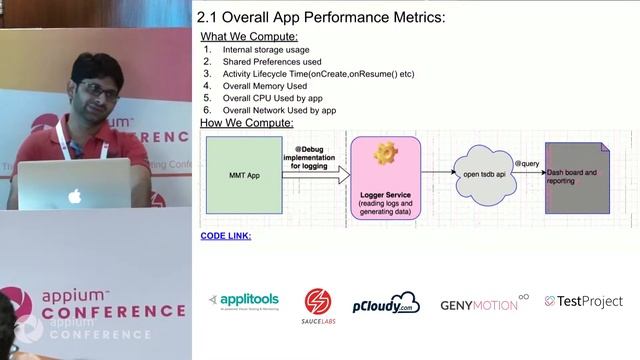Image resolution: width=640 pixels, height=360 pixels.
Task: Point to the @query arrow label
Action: tap(527, 162)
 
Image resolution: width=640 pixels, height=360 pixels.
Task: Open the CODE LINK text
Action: tap(226, 236)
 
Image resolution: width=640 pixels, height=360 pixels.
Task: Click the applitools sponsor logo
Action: tap(243, 301)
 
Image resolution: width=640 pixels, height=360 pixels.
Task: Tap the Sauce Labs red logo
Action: tap(318, 303)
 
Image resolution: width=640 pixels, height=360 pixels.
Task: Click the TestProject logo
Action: tap(584, 301)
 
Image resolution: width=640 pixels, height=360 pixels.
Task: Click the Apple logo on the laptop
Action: tap(74, 196)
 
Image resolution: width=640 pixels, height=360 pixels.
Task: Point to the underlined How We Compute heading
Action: tap(247, 123)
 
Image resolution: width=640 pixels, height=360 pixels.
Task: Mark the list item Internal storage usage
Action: tap(266, 49)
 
